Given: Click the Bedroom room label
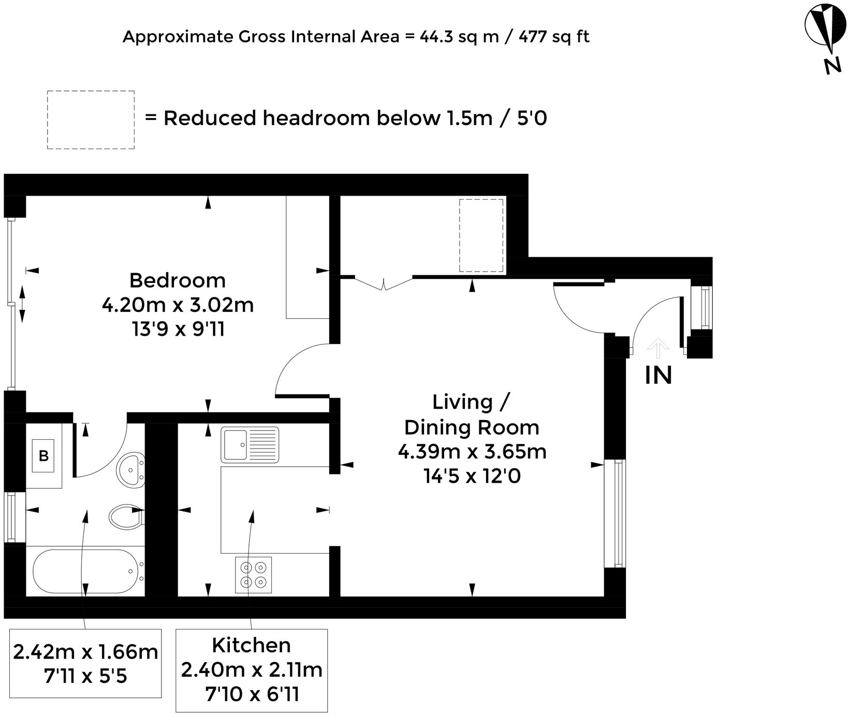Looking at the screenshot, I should click(177, 280).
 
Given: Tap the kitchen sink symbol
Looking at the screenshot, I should click(250, 444).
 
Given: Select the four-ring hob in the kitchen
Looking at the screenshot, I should click(253, 574).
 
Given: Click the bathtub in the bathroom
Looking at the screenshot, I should click(85, 572).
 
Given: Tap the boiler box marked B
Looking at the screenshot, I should click(44, 456).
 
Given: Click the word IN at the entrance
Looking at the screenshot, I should click(658, 375).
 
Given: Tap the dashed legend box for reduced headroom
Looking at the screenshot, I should click(91, 120).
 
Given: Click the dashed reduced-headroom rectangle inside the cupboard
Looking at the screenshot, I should click(481, 235).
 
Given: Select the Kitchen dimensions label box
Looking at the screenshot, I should click(252, 670).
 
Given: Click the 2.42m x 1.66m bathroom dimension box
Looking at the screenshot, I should click(85, 663).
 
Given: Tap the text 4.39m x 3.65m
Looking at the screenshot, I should click(472, 452).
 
